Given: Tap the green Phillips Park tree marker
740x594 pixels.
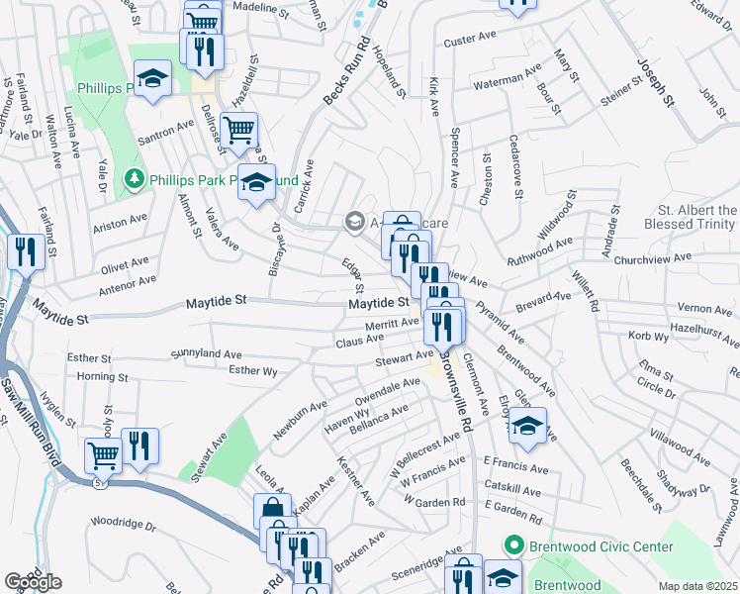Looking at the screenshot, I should [134, 179].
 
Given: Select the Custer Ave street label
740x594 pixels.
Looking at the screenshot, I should [469, 40].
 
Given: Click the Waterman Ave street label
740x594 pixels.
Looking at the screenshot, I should [509, 77].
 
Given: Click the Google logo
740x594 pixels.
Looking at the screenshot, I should [33, 582].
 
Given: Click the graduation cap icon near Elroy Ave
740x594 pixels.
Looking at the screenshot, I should [527, 426].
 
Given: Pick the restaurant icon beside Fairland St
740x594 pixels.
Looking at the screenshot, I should [24, 251].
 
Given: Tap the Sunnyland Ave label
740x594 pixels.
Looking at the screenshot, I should [206, 353].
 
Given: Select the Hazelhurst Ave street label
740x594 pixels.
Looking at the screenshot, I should [704, 335].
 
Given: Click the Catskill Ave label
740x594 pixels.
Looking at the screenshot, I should [512, 490].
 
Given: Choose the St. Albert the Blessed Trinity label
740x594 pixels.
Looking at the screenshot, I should [697, 217].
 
